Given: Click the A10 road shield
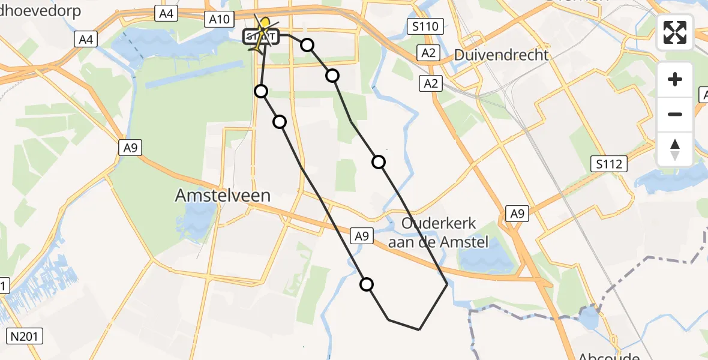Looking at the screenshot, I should tap(220, 19).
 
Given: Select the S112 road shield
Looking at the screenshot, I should tap(609, 163).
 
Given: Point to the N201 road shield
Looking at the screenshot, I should tap(26, 336).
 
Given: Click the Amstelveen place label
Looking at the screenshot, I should tap(223, 195).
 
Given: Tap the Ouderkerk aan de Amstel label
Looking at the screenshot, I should tap(439, 233).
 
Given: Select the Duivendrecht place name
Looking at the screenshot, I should tap(501, 55).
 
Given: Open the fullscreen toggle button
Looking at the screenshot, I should tap(675, 32).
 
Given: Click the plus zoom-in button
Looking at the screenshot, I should tap(675, 79).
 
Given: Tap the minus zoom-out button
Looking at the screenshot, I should tap(675, 114).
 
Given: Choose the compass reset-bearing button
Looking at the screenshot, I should tap(675, 149).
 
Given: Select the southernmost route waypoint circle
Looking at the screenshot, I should tap(367, 284).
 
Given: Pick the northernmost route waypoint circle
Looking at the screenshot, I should tap(307, 44).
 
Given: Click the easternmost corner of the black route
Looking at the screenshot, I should tap(448, 283).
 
